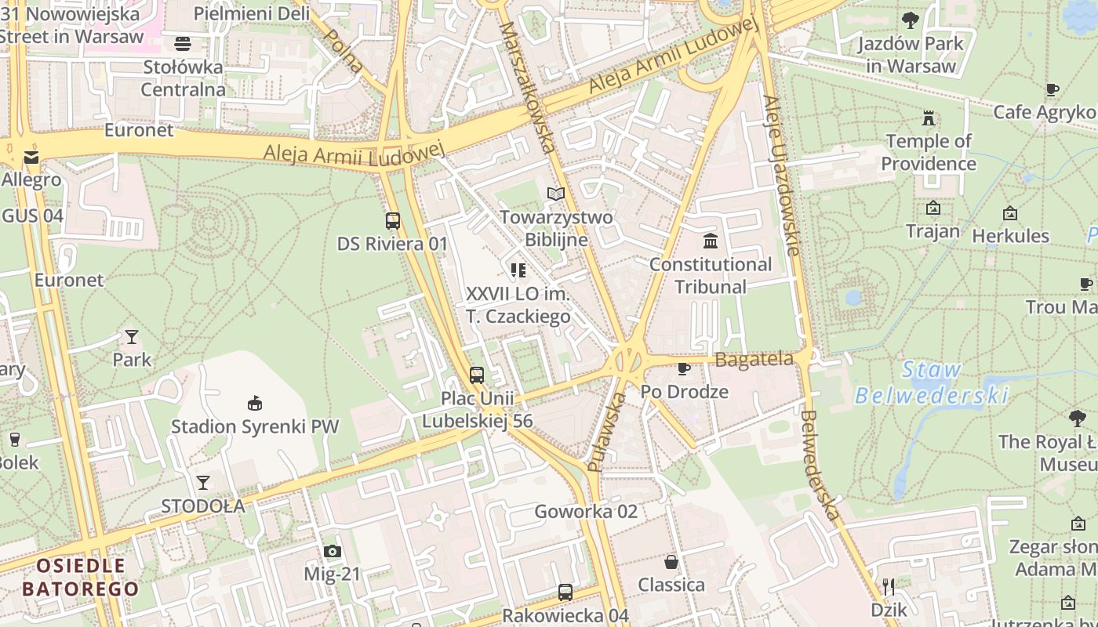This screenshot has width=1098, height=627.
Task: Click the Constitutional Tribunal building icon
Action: (x=711, y=240)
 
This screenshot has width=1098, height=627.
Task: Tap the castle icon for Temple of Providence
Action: (x=929, y=118)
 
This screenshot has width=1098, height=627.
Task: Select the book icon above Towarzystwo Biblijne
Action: (x=556, y=194)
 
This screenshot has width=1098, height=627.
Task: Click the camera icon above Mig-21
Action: (x=333, y=552)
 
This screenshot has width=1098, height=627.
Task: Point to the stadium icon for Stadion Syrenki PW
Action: (x=255, y=404)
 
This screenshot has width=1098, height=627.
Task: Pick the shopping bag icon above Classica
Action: (x=671, y=561)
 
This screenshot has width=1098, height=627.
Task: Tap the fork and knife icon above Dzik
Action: (x=889, y=586)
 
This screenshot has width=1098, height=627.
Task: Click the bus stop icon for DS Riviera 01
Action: (x=393, y=221)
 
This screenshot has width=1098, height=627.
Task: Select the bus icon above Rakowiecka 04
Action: (x=565, y=593)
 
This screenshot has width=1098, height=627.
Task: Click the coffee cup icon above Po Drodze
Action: (x=684, y=368)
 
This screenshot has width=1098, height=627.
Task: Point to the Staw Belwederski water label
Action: (x=931, y=382)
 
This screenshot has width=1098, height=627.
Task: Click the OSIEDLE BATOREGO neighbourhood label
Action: (x=81, y=577)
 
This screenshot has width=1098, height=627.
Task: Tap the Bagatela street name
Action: (x=754, y=360)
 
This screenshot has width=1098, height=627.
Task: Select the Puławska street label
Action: (x=607, y=432)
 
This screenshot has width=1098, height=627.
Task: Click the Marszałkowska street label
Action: (x=527, y=86)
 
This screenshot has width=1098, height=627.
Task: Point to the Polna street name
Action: (x=344, y=51)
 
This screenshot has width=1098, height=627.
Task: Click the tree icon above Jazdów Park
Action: (x=911, y=20)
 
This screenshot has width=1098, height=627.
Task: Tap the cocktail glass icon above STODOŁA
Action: (x=203, y=483)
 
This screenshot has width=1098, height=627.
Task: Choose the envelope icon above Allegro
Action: (x=31, y=158)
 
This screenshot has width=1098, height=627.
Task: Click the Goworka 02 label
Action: (x=586, y=512)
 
